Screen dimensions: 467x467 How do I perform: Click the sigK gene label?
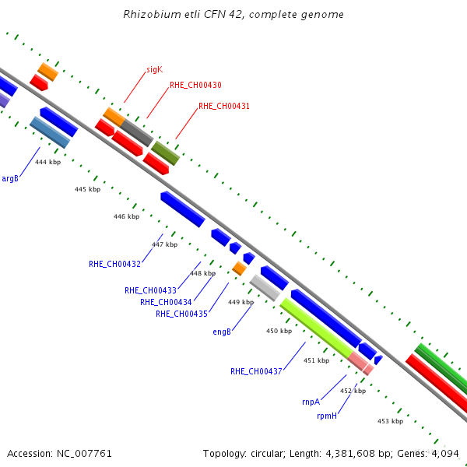tap(155, 70)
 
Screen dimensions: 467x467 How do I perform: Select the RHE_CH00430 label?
tap(195, 85)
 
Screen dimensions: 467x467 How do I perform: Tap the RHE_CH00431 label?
tap(224, 107)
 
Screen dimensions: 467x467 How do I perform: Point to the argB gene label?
tap(10, 179)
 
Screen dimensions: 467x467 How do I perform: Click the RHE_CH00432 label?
tap(114, 264)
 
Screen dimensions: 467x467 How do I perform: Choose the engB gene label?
tap(222, 332)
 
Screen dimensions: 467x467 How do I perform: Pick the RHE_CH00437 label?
tap(256, 371)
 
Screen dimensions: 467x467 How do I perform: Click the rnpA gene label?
tap(311, 402)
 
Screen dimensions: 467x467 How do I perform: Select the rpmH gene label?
tap(327, 416)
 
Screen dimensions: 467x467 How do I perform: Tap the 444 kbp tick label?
tap(48, 162)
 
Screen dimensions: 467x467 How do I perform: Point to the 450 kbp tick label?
tap(279, 331)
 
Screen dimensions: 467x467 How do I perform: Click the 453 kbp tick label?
tap(390, 421)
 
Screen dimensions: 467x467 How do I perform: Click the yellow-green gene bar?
tap(317, 328)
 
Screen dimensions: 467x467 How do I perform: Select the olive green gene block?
tap(166, 153)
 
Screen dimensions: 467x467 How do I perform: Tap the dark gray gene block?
tap(137, 133)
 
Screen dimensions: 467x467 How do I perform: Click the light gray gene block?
tap(265, 288)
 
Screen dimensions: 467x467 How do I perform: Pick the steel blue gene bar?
tap(50, 132)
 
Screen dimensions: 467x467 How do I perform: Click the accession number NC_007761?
tap(84, 454)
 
